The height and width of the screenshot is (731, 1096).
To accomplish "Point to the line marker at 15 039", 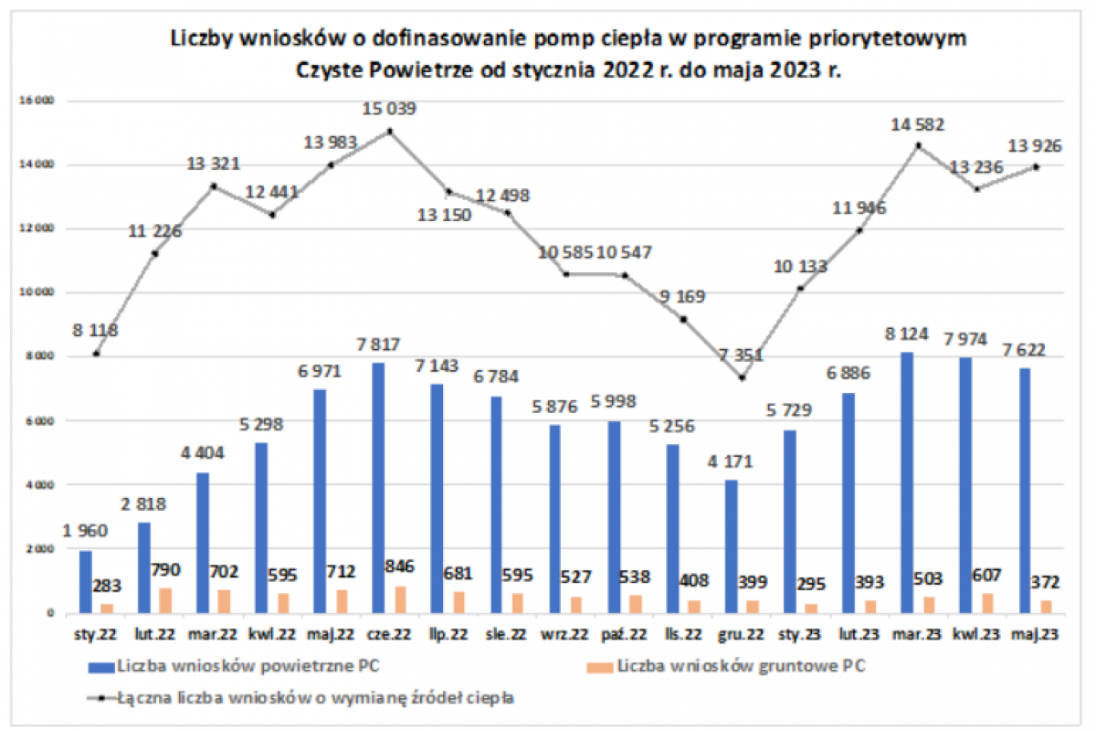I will pos(390,132).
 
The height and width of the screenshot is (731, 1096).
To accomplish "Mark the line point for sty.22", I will pos(96,354).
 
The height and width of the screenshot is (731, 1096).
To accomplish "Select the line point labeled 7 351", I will pos(743,378).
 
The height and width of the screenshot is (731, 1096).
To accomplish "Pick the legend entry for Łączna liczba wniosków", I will pos(315,698).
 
